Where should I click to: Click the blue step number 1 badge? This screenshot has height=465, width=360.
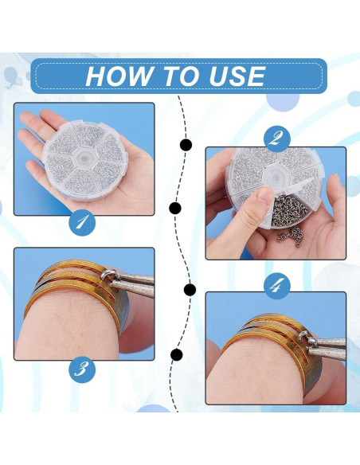82,222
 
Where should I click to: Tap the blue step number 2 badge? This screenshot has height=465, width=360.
276,139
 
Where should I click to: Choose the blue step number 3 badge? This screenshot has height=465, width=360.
82,369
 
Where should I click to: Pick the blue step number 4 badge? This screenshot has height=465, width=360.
276,286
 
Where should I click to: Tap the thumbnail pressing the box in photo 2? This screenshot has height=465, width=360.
265,197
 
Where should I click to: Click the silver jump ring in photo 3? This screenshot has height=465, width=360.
109,276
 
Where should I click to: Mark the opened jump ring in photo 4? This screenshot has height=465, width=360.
307,338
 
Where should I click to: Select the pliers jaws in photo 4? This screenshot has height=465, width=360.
327,348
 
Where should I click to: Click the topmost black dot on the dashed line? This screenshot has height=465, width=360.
186,145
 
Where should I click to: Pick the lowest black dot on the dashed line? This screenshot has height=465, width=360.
177,354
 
